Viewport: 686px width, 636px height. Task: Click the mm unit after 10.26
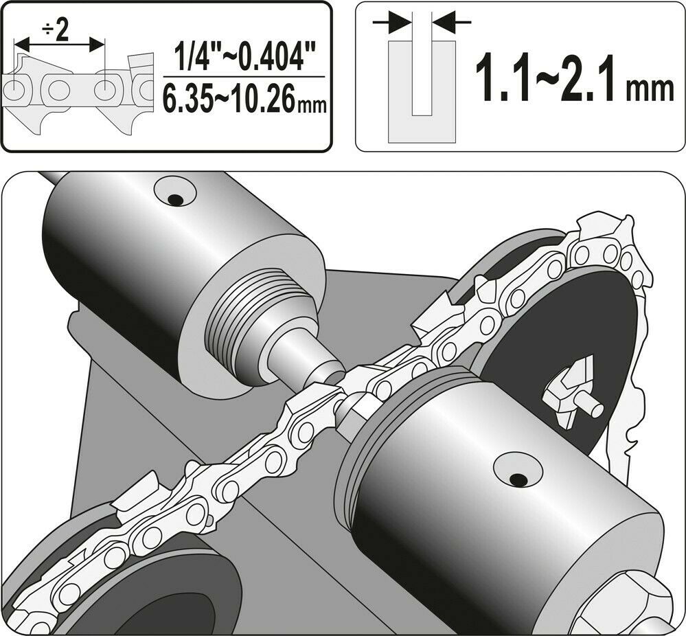310,104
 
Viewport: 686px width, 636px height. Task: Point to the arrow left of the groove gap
389,23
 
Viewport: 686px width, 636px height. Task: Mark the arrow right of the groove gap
454,23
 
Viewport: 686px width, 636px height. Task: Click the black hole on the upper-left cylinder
175,200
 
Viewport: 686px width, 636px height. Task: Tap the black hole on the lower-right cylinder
516,478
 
